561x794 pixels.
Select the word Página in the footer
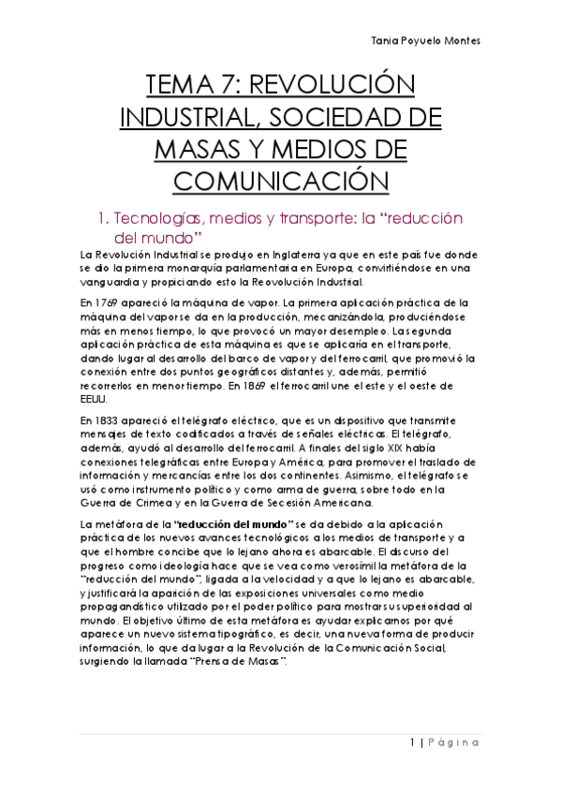pos(456,743)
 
